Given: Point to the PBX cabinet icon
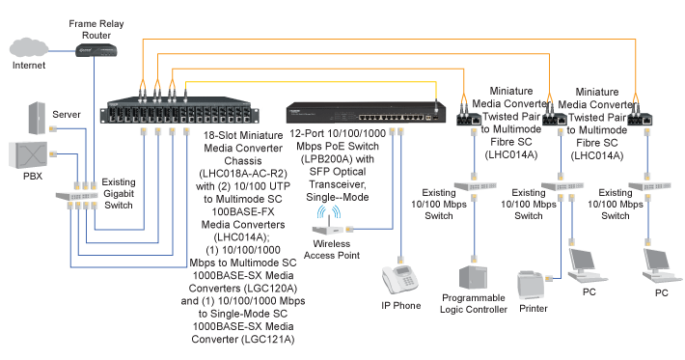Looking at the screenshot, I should coord(28,155).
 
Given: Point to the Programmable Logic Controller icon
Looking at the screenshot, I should coord(473,277).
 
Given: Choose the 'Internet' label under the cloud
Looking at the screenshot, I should coord(30,67).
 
